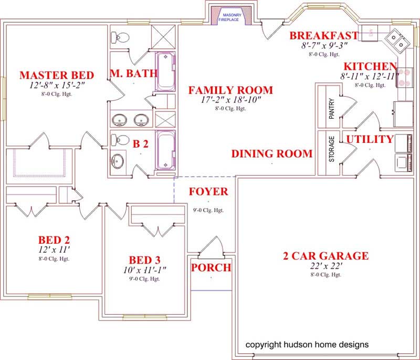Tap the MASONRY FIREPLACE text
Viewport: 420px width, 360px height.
(x=232, y=17)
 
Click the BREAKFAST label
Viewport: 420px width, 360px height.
(x=324, y=36)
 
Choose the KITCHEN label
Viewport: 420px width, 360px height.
(x=370, y=67)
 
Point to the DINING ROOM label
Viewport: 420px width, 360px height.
(x=272, y=154)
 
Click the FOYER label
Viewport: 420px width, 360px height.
(x=208, y=191)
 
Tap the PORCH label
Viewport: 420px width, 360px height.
(x=211, y=268)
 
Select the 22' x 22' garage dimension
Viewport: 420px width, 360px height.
(x=325, y=266)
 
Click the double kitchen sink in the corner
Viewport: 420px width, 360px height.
(x=397, y=40)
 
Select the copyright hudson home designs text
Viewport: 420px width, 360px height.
(x=307, y=345)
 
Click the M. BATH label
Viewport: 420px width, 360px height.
(x=133, y=74)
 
